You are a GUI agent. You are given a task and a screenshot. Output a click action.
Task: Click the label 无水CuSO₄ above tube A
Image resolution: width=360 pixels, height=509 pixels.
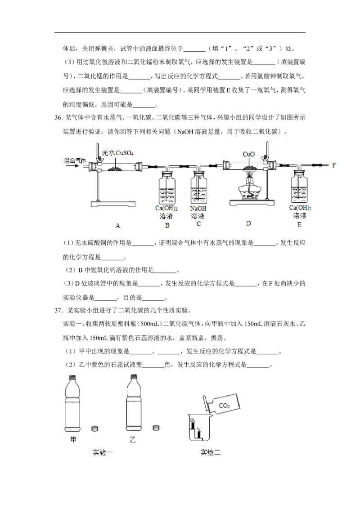117,152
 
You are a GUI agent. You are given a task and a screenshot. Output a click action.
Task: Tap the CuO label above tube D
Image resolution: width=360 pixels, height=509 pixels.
248,154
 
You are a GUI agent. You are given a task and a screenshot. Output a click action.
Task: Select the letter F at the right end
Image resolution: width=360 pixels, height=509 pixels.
334,165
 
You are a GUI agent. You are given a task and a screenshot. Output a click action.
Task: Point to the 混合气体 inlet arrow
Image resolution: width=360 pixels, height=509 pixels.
72,165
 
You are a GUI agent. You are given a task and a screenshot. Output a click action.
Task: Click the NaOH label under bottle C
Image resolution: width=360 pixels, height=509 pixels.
198,208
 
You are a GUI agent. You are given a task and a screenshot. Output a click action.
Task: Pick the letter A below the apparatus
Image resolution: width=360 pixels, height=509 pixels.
117,225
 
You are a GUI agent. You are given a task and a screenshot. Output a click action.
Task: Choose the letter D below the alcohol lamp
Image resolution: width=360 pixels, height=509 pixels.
248,223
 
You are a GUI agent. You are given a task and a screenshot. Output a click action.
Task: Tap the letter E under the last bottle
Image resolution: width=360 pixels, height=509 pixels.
299,225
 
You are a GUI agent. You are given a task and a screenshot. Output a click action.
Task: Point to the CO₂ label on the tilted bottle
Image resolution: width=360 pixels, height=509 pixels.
224,406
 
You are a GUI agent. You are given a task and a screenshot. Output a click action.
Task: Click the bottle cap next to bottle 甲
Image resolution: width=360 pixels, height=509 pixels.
95,429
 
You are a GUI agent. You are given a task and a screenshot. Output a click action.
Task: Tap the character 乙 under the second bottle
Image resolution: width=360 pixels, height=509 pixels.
132,440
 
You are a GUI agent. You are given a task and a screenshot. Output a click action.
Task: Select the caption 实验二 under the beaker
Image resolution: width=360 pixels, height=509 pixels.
210,452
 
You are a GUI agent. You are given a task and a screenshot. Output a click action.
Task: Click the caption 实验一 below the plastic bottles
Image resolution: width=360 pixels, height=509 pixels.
103,452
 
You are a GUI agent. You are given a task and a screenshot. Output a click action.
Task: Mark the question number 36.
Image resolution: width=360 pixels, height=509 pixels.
58,117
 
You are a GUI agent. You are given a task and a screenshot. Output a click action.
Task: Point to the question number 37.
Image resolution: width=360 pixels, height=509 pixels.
58,310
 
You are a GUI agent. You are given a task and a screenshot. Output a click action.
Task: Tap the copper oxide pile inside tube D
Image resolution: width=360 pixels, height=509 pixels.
248,168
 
